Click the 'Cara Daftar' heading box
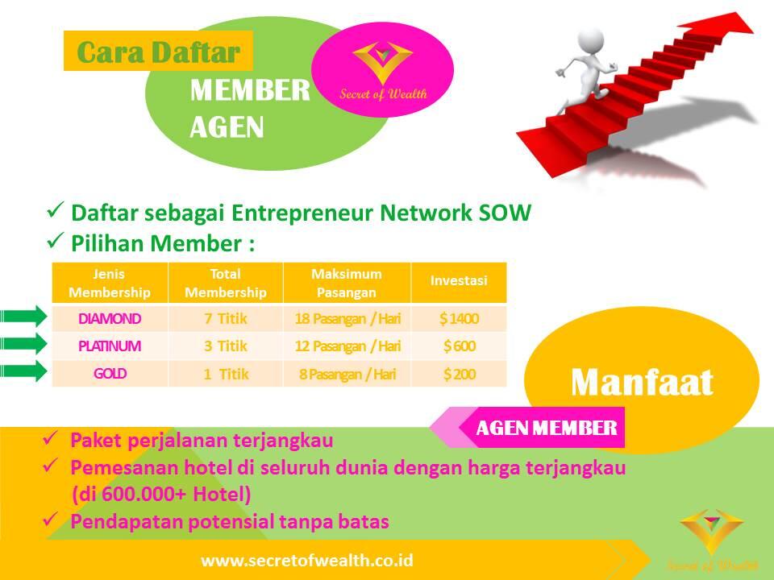(158, 51)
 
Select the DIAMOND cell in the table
(110, 319)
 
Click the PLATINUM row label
(110, 346)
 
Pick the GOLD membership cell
(110, 374)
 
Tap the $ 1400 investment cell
(459, 319)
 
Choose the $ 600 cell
(459, 346)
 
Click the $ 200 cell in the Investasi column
(459, 374)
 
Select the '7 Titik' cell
(226, 319)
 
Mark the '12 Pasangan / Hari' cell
(347, 346)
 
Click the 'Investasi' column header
(459, 281)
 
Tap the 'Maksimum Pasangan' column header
(347, 282)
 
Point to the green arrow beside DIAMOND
(23, 317)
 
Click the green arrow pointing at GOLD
(23, 371)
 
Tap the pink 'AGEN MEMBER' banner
(547, 428)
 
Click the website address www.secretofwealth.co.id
(310, 560)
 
